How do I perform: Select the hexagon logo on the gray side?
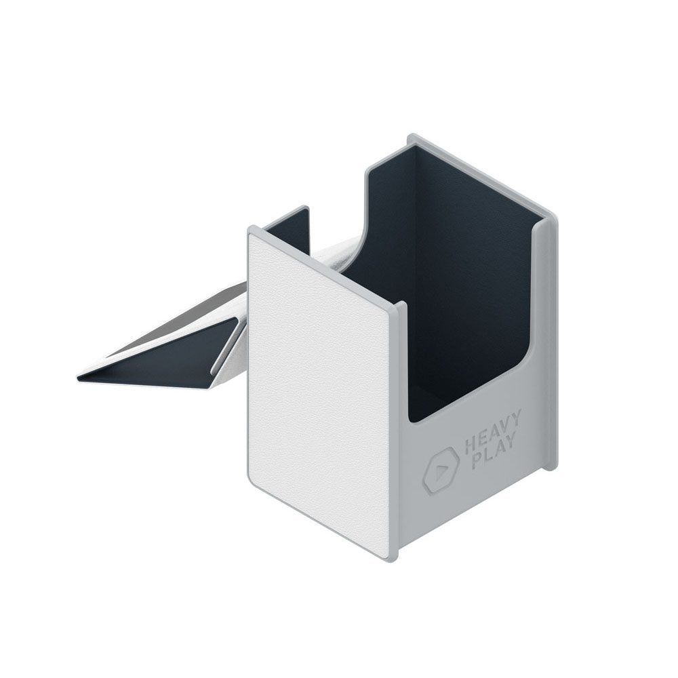(x=441, y=469)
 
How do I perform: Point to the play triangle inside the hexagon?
(x=441, y=469)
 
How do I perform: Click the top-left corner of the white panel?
(x=250, y=231)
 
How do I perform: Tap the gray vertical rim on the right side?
(x=551, y=339)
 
